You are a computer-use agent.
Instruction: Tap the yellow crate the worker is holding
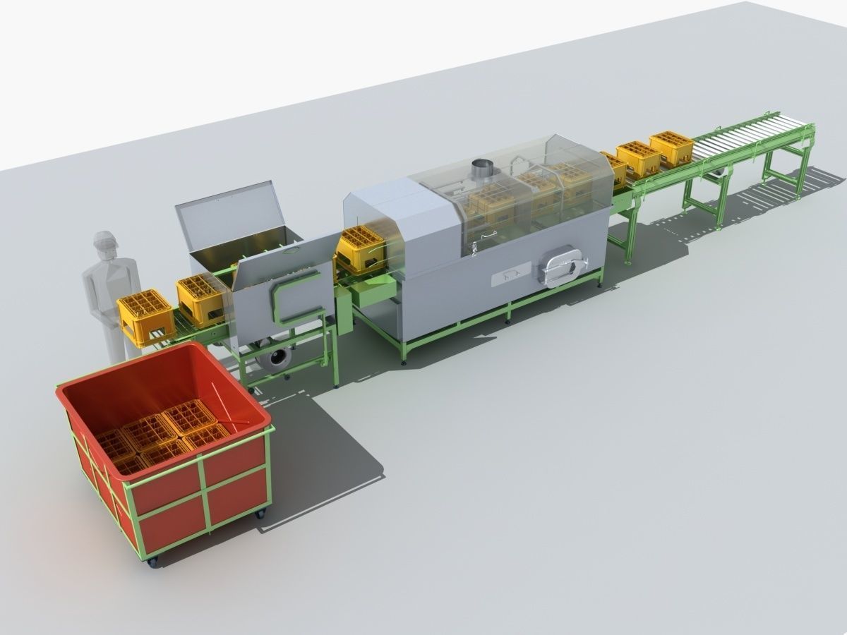click(x=145, y=317)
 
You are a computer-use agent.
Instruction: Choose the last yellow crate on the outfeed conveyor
click(x=671, y=147)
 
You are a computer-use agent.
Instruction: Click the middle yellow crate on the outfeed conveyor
click(x=638, y=158)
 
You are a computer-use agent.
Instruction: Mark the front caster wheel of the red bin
click(x=152, y=561)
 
